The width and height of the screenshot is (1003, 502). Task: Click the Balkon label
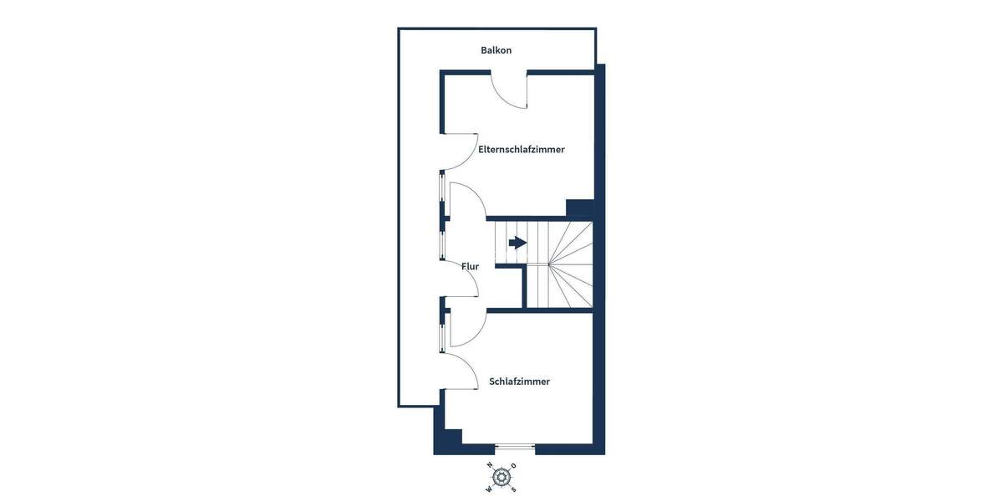click(x=496, y=50)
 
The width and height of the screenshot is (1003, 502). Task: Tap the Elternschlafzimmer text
click(x=521, y=150)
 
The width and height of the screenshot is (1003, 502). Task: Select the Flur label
click(x=470, y=267)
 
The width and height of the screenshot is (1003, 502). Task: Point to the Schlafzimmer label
click(x=519, y=382)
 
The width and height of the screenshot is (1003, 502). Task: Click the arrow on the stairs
click(x=517, y=243)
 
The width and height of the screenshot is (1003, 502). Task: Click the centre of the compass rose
click(x=501, y=477)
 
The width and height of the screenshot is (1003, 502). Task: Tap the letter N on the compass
click(x=491, y=465)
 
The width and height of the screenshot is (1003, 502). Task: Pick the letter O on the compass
click(x=513, y=466)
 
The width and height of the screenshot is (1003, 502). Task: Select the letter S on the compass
click(x=513, y=489)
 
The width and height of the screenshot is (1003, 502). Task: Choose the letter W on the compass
click(x=489, y=489)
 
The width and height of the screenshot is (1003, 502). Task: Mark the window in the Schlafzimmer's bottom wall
click(x=515, y=448)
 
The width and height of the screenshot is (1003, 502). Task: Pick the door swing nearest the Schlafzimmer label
click(x=460, y=368)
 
